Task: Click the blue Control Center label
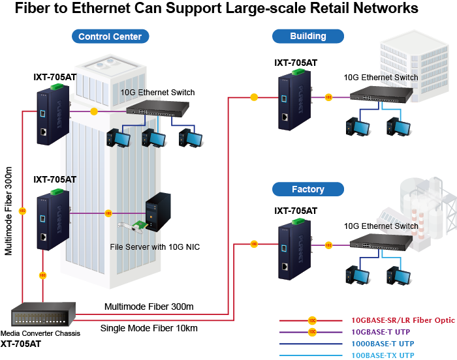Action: tap(110, 37)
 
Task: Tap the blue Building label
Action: tap(308, 36)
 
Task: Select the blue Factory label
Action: tap(307, 189)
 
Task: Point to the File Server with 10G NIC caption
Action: tap(155, 247)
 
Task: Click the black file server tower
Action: tap(157, 211)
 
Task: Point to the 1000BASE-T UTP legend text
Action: tap(383, 343)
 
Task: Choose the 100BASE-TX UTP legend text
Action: tap(383, 355)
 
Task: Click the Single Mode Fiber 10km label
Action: tap(149, 327)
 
